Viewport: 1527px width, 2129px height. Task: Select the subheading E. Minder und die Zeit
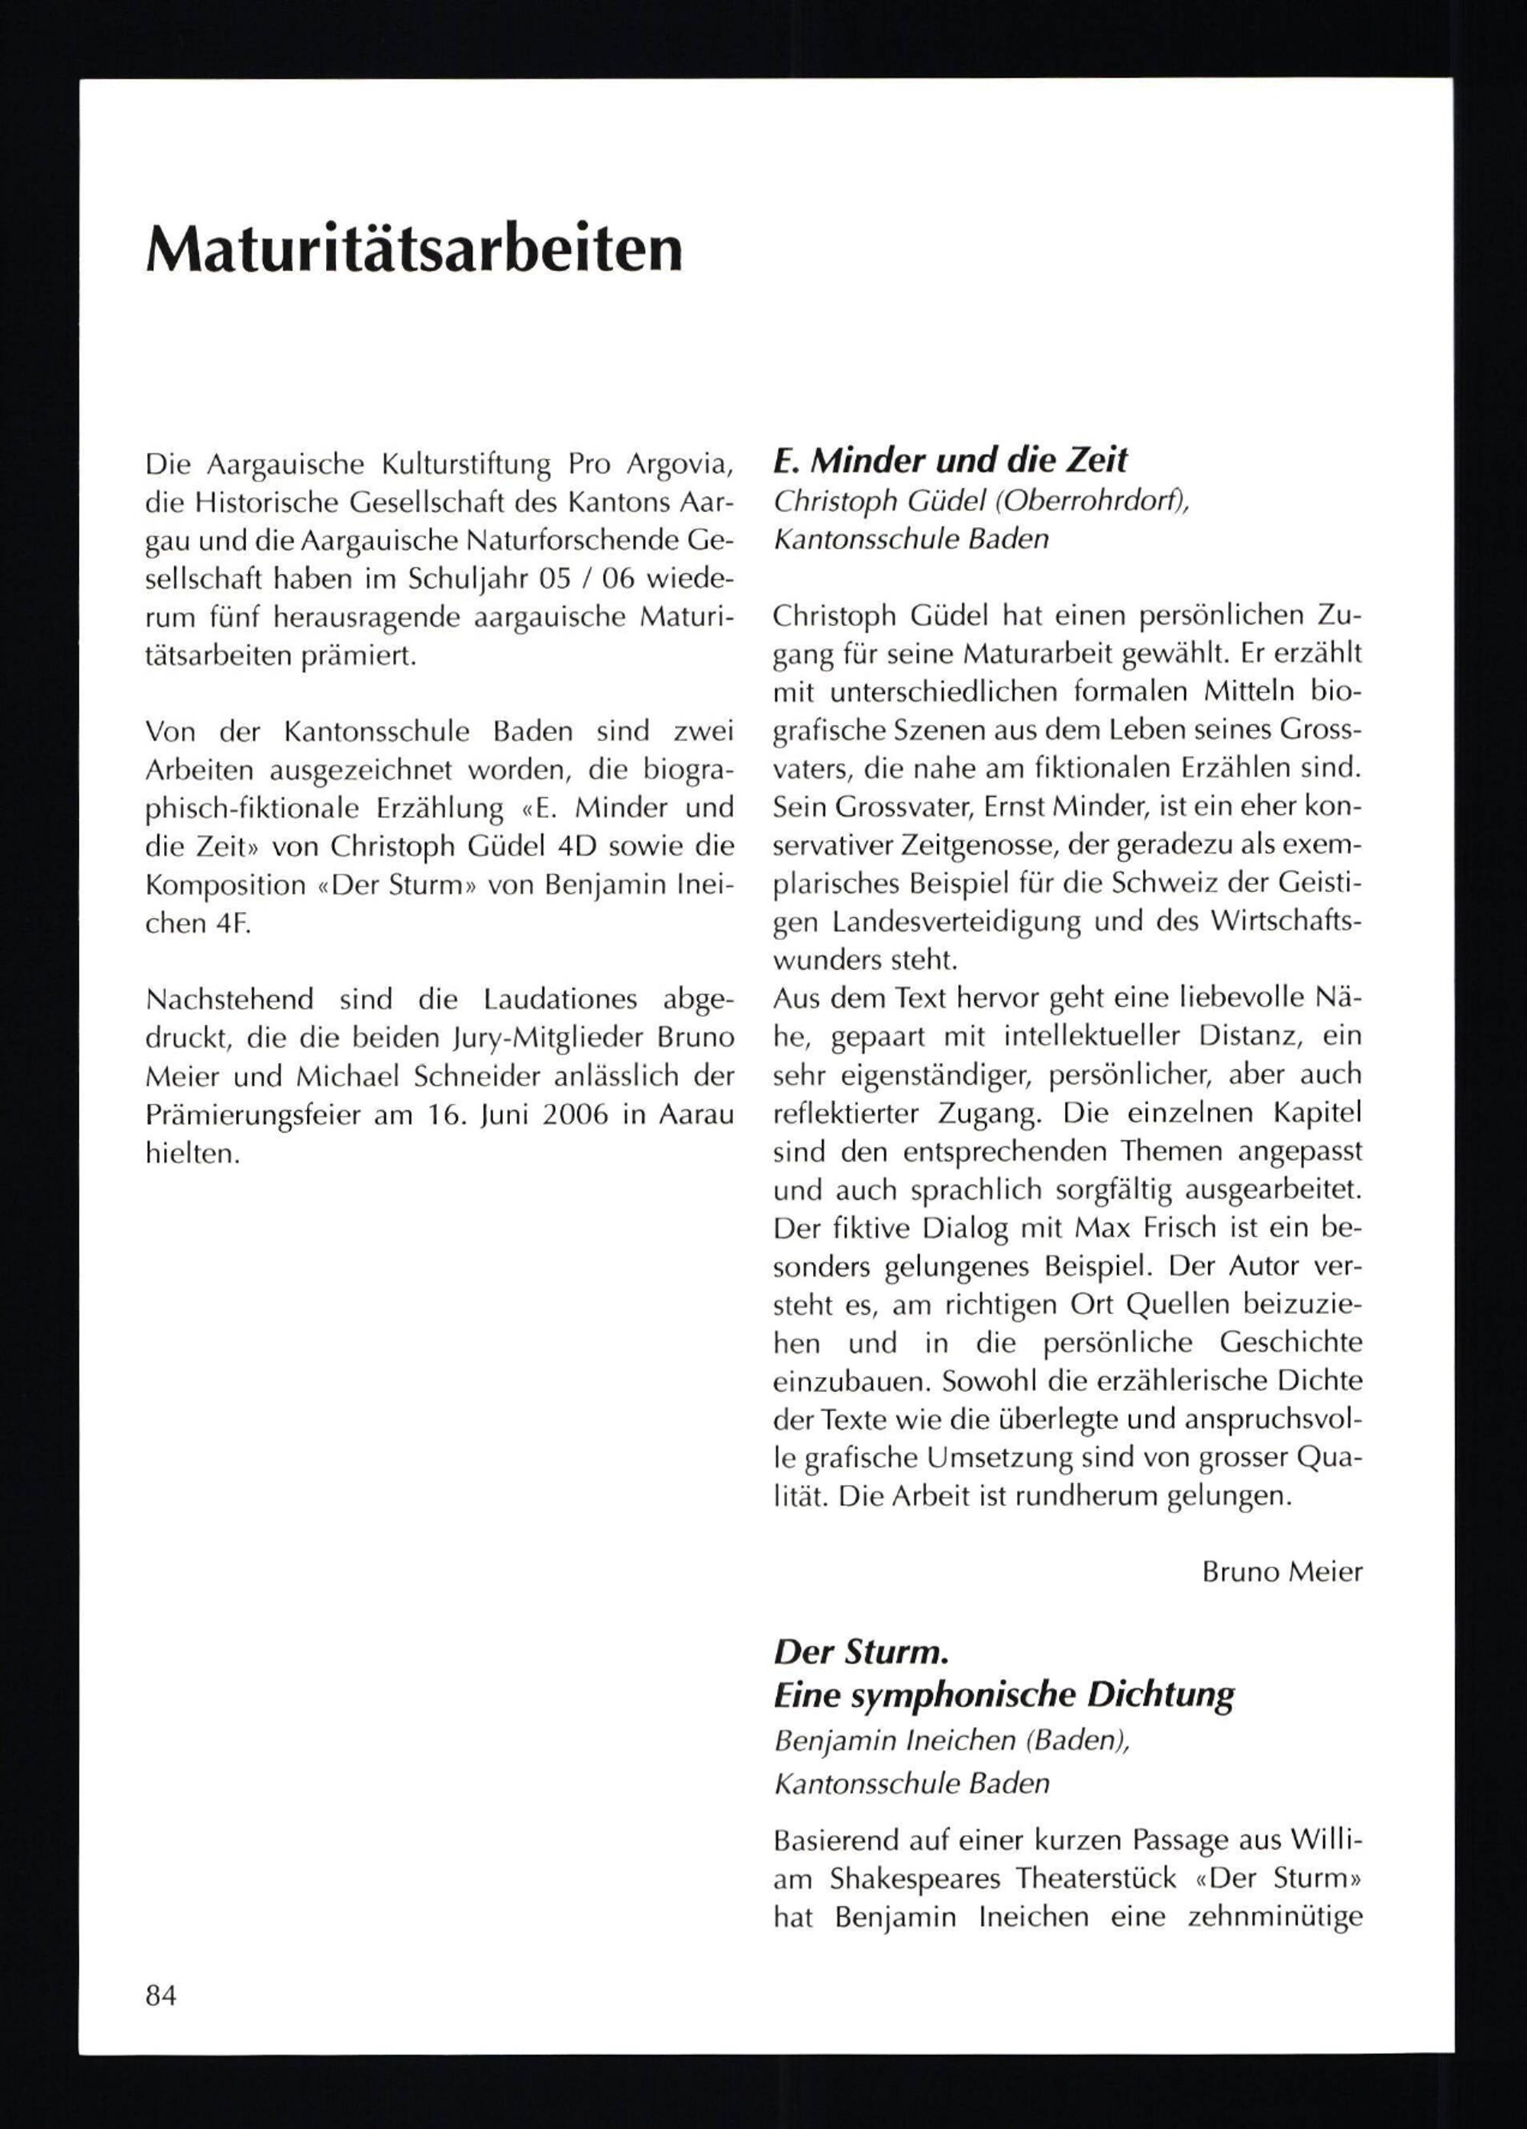[950, 460]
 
